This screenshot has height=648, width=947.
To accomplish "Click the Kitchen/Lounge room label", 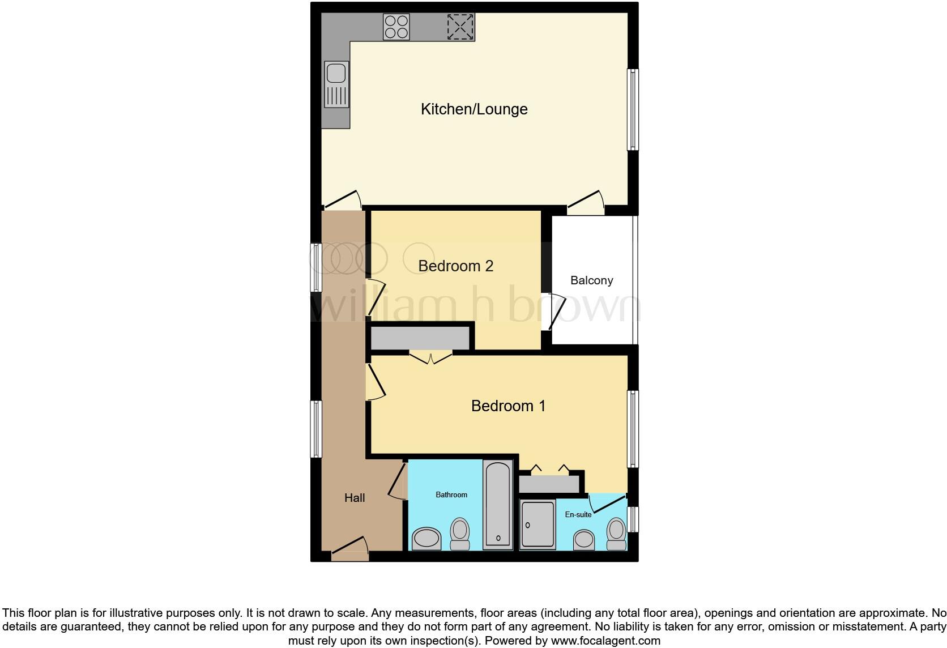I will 474,109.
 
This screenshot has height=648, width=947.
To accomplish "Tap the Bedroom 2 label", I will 455,266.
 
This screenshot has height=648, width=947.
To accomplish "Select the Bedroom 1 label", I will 508,406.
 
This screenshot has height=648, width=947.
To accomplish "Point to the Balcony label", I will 591,280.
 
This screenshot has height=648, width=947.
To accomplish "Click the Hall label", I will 355,498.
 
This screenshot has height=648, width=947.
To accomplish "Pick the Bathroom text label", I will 451,494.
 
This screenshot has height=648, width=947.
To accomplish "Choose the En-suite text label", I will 578,514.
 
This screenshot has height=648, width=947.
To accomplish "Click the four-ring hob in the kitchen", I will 396,27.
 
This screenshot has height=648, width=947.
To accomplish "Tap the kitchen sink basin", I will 336,74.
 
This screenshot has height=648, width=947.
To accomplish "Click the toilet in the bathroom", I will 460,534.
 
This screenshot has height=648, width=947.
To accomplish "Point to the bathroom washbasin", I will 426,538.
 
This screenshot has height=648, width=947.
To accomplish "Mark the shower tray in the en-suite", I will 538,525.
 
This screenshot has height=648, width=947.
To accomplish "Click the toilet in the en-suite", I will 616,534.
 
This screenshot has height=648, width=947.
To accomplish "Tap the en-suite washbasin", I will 584,539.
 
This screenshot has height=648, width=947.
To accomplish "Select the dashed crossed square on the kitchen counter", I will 460,27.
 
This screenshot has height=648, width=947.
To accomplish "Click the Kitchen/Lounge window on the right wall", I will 632,109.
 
